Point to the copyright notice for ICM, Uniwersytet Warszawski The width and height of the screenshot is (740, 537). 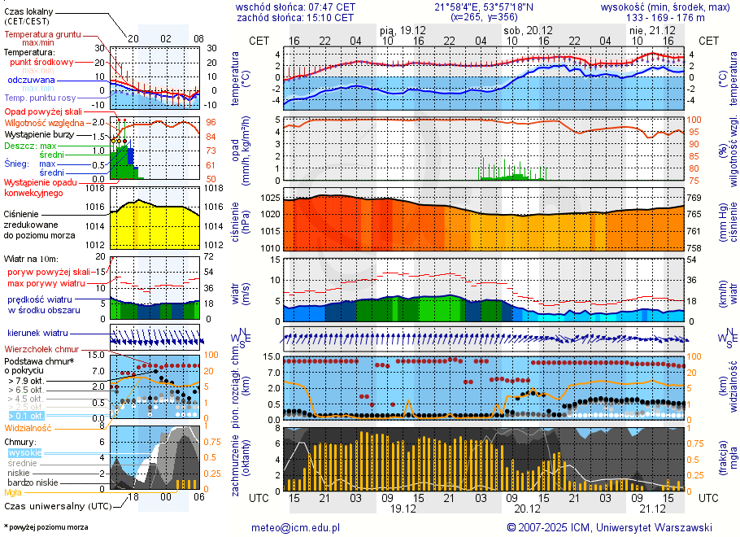coord(609,527)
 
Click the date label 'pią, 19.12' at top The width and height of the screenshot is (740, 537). coord(403,29)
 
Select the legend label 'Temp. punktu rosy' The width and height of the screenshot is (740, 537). coord(40,98)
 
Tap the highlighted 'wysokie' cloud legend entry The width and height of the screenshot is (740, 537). coord(24,452)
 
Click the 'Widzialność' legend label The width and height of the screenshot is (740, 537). coord(28,427)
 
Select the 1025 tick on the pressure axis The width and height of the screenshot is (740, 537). coord(270,199)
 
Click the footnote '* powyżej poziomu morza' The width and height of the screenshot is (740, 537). coord(46,527)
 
